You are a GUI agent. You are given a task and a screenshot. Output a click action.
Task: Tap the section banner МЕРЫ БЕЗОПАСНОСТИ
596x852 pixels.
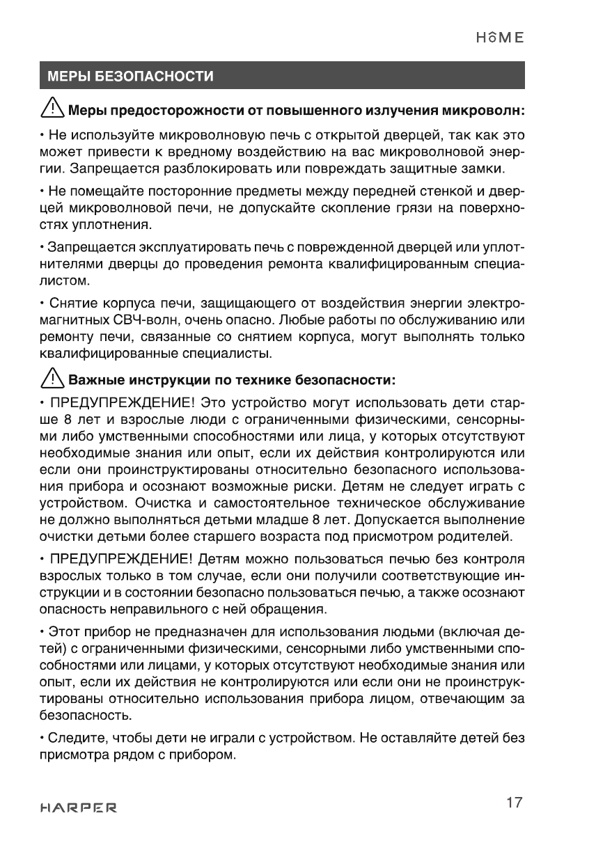point(130,76)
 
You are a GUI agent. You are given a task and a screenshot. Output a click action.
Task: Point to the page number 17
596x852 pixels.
point(514,803)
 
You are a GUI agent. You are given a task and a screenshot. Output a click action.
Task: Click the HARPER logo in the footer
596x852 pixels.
point(78,808)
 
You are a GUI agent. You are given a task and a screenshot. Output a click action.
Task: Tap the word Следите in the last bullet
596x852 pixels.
point(68,737)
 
